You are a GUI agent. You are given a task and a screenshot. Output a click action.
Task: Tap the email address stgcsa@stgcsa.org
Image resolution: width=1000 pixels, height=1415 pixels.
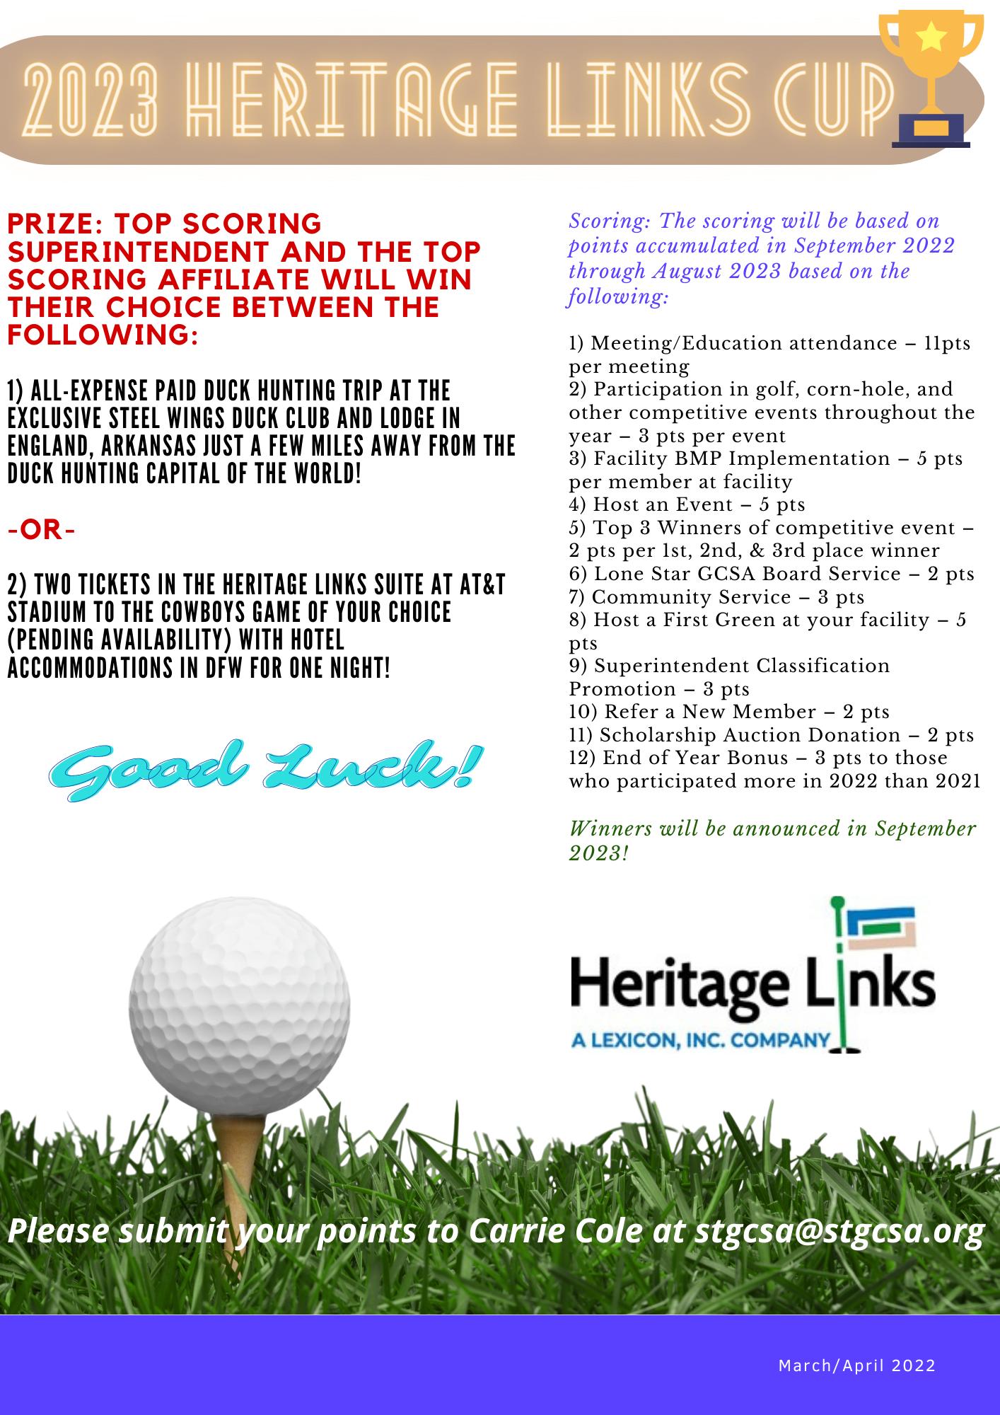[x=839, y=1231]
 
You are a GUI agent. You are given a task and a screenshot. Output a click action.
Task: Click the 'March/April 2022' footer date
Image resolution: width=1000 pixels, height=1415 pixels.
[x=856, y=1365]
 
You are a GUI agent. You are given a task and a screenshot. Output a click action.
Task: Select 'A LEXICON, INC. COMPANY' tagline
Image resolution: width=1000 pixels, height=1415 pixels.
[x=700, y=1039]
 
